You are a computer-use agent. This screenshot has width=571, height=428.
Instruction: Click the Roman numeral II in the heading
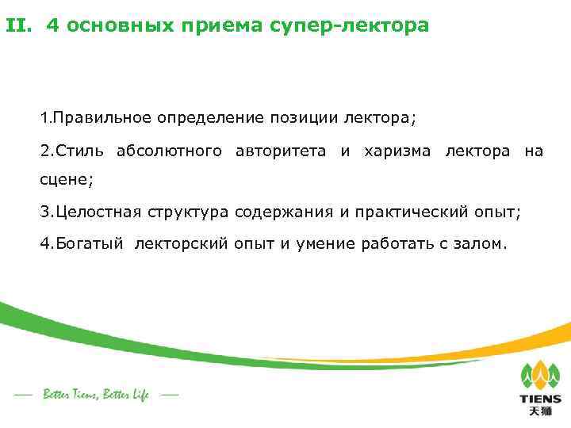(19, 25)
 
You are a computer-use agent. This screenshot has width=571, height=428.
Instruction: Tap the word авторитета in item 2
(281, 151)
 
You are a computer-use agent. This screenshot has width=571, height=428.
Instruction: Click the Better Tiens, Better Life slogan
(95, 394)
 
